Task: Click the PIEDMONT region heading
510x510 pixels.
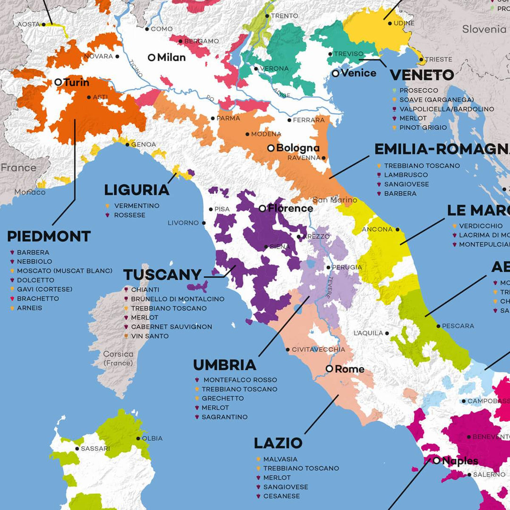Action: [49, 236]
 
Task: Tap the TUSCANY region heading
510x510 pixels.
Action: [162, 275]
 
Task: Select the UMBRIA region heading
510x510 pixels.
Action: [225, 365]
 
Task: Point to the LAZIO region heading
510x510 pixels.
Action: [278, 443]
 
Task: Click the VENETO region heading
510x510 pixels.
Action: [422, 75]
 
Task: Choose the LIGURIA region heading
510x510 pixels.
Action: [136, 190]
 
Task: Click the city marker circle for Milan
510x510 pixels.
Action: [152, 58]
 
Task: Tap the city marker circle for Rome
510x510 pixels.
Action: [330, 369]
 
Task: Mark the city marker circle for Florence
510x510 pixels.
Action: [263, 208]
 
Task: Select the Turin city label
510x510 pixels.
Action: [76, 83]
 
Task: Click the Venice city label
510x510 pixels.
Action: [358, 73]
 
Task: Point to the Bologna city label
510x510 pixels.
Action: [297, 148]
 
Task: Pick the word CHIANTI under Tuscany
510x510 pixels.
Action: [145, 289]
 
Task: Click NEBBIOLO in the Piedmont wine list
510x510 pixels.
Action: [34, 262]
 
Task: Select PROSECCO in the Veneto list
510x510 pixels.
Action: [418, 90]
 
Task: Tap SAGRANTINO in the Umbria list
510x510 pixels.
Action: [224, 417]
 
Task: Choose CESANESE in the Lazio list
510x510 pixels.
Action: [281, 496]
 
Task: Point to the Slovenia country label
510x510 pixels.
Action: [484, 29]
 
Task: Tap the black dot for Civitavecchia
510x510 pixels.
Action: [288, 349]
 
